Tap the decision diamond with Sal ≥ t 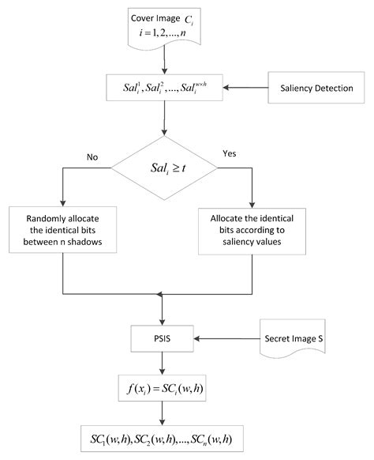coord(164,167)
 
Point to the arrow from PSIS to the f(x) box coord(163,364)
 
